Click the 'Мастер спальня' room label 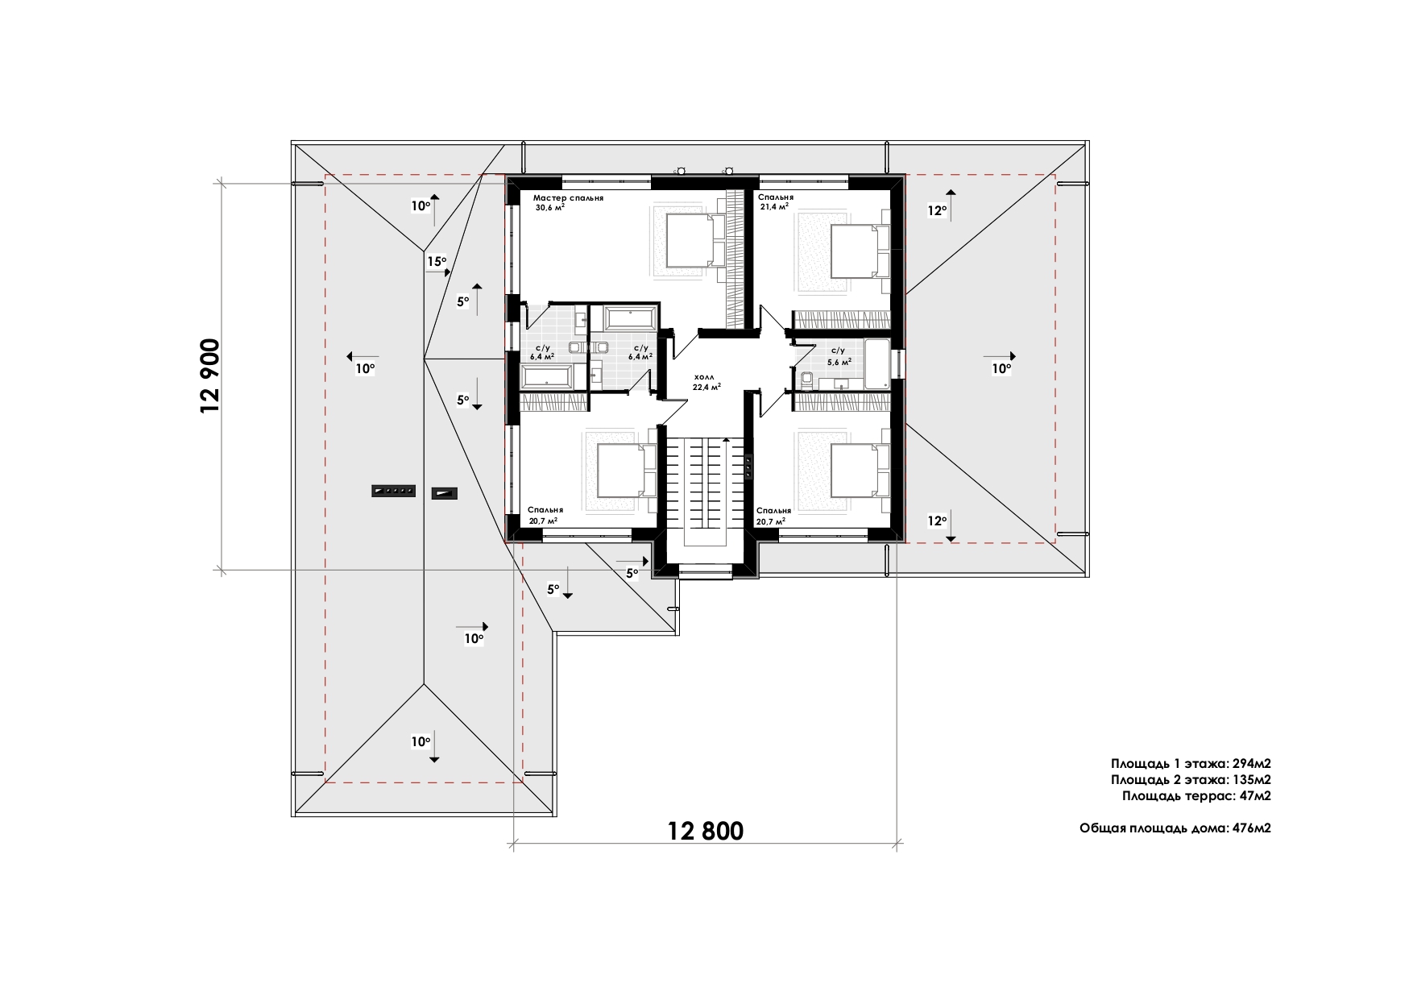click(x=568, y=197)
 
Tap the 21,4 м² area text click(x=774, y=206)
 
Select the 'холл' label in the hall click(x=706, y=376)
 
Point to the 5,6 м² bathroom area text click(x=839, y=362)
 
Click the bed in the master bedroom click(x=690, y=240)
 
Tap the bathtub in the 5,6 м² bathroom click(x=877, y=364)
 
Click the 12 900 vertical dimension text click(x=209, y=376)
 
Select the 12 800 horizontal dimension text click(x=706, y=830)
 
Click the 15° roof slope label click(x=436, y=261)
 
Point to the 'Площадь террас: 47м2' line click(x=1196, y=796)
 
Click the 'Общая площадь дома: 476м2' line click(x=1175, y=828)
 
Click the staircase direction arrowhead click(x=727, y=440)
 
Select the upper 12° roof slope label click(x=936, y=211)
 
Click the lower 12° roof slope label click(x=936, y=521)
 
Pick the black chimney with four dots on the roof click(x=393, y=490)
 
